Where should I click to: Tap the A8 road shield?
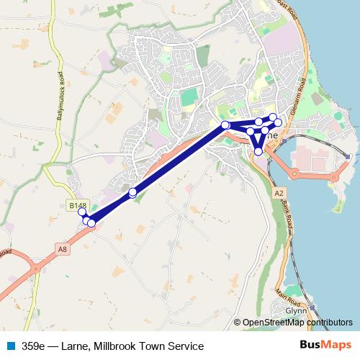pos(63,249)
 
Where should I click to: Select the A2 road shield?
pos(279,194)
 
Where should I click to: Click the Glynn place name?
pos(296,310)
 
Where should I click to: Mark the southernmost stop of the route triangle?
pos(258,151)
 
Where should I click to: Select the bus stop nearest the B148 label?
pos(82,212)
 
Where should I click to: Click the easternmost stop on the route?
pos(279,122)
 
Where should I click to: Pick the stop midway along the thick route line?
pos(132,192)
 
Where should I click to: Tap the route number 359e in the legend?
pos(33,346)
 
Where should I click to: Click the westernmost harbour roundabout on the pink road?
pos(294,173)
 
